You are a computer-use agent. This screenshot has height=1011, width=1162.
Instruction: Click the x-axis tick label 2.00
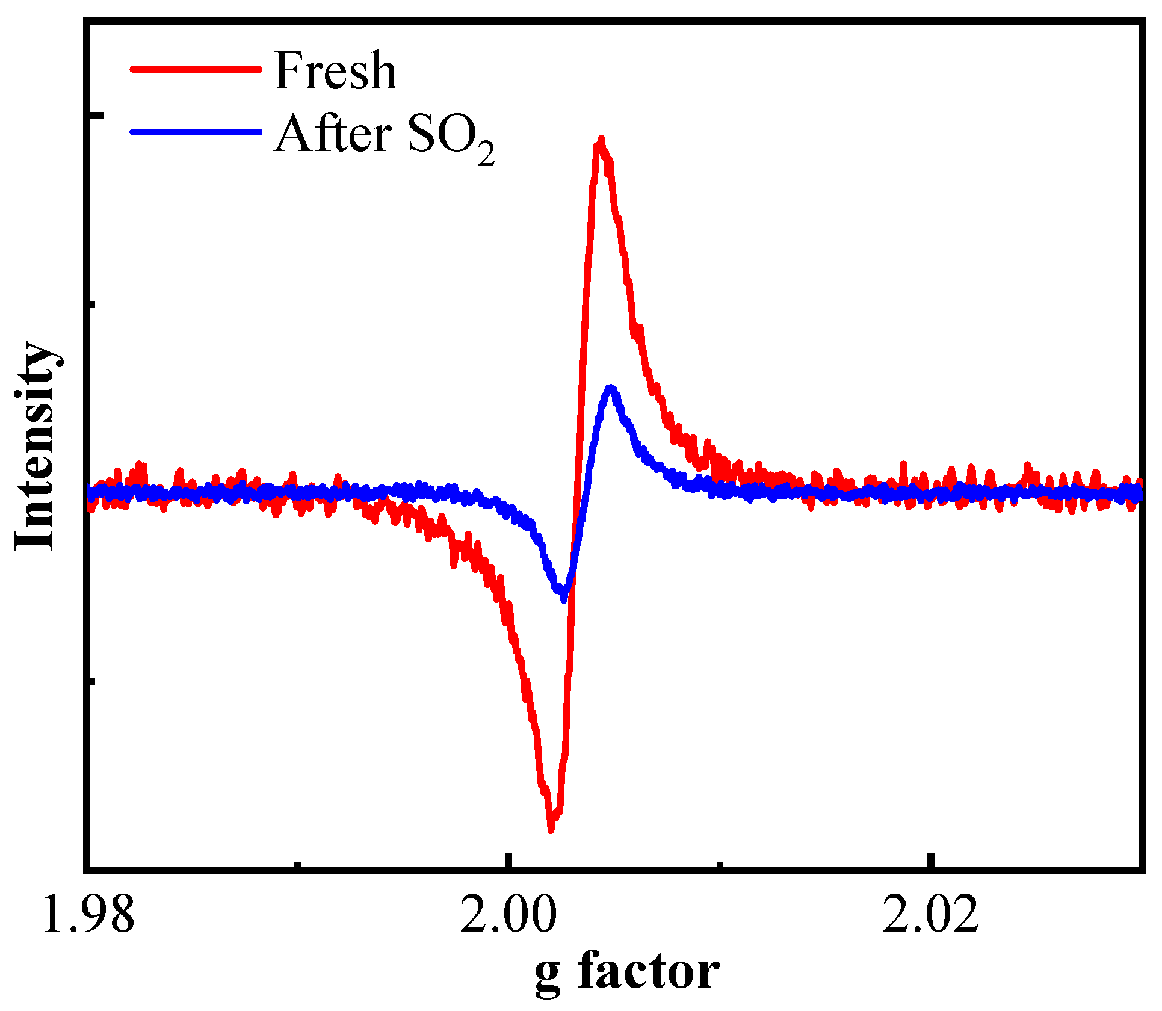(x=508, y=915)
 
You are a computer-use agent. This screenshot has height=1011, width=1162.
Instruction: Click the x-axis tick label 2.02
(x=930, y=915)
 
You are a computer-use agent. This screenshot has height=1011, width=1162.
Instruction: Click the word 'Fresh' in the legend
(x=335, y=71)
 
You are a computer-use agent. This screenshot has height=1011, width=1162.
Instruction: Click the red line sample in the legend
(x=196, y=69)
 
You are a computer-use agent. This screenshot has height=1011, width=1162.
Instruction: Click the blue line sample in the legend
(x=196, y=131)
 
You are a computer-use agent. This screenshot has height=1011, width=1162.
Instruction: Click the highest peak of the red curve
(x=600, y=140)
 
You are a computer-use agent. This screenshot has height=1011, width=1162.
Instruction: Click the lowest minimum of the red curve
(x=551, y=829)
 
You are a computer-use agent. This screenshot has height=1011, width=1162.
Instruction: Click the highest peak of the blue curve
(x=611, y=388)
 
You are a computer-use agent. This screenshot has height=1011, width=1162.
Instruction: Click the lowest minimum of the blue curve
(x=563, y=598)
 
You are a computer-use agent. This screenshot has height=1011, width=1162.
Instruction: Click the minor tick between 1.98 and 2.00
(x=298, y=864)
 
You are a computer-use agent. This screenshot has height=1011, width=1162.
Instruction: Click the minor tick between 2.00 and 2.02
(x=720, y=864)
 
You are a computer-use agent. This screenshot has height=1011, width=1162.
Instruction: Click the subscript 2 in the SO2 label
(x=486, y=155)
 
